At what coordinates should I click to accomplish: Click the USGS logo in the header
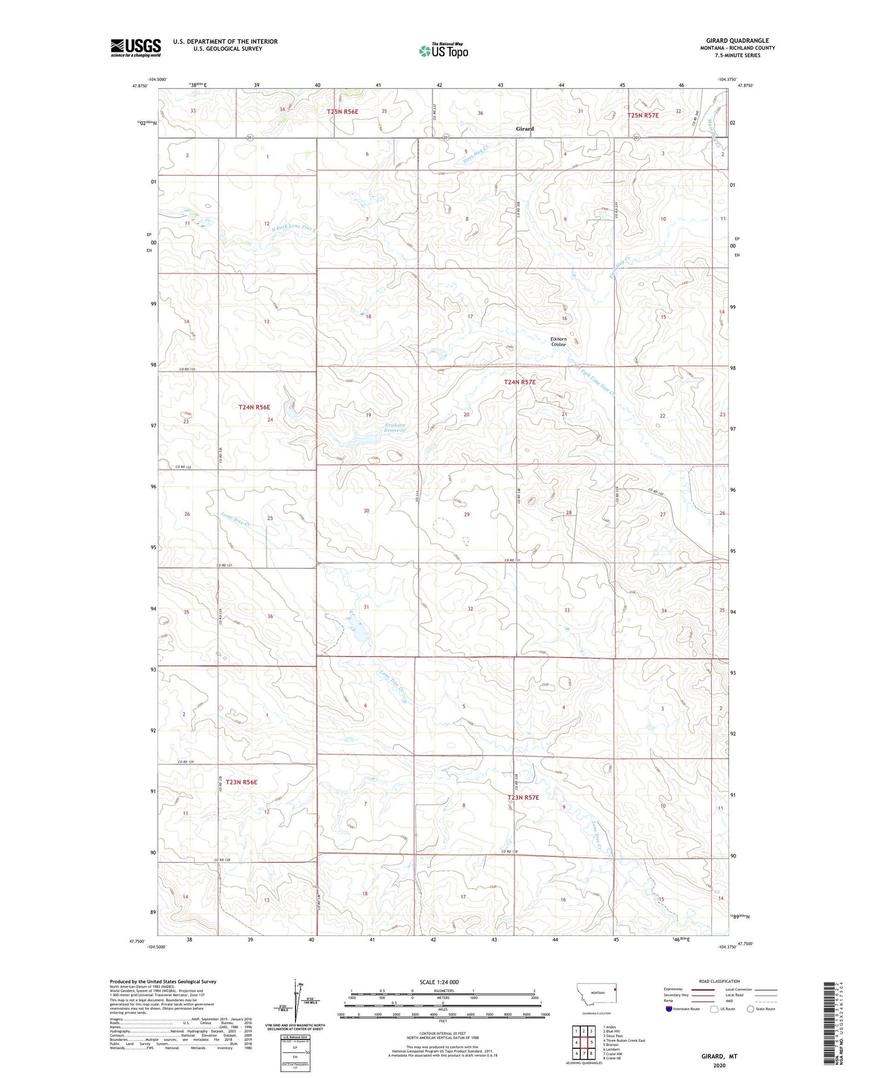tap(136, 48)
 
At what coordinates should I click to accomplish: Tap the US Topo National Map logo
tap(444, 51)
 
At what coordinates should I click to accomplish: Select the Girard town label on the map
tap(524, 129)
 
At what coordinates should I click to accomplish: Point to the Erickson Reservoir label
tap(394, 428)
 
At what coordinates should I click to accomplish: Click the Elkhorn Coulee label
tap(558, 341)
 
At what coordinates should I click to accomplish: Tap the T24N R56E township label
tap(255, 407)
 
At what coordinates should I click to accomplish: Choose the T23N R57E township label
tap(523, 797)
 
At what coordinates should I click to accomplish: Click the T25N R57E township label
tap(643, 115)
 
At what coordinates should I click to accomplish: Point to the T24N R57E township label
tap(520, 382)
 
